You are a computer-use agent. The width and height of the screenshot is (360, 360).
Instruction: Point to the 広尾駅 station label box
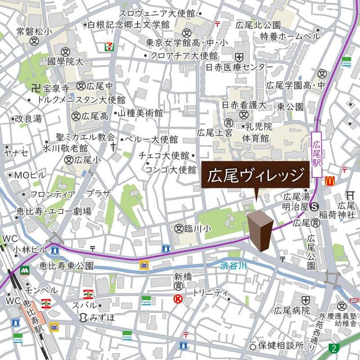click(318, 155)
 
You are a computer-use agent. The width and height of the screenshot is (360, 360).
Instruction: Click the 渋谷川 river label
click(234, 265)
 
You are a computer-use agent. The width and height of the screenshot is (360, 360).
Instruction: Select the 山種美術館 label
click(140, 114)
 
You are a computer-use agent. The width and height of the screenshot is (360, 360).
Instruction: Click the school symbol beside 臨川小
click(180, 228)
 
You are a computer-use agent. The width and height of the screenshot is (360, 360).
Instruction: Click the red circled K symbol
click(179, 298)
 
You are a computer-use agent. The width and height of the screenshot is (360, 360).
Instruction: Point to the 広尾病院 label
click(292, 310)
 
